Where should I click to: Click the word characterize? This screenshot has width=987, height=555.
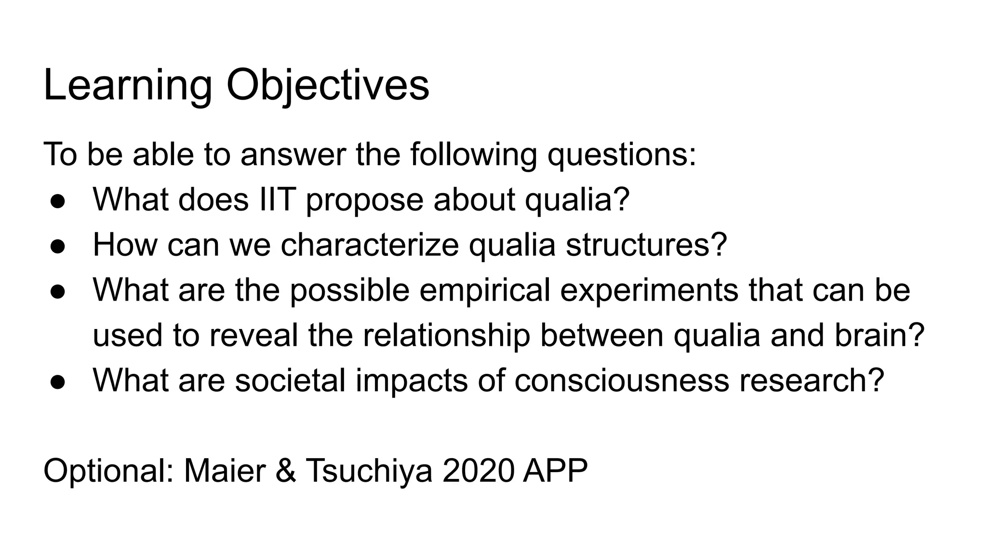coord(370,244)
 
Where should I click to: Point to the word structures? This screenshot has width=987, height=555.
coord(646,244)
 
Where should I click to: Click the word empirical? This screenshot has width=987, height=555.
coord(484,290)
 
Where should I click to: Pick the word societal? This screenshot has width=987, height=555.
coord(290,380)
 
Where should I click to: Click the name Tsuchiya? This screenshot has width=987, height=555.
coord(369,471)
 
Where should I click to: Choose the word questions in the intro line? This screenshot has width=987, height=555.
coord(621,155)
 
